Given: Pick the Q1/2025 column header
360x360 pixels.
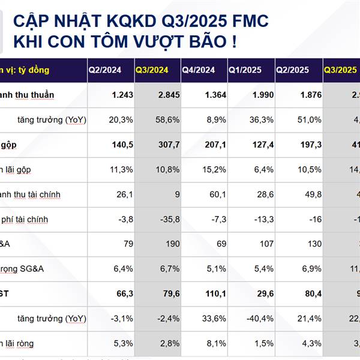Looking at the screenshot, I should [x=245, y=70].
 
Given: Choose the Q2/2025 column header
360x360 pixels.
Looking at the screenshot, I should [x=292, y=70].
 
